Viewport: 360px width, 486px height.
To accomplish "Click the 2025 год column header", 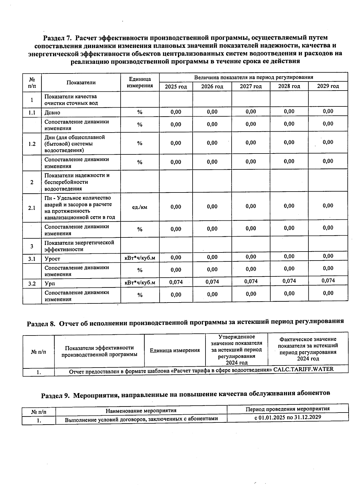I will click(176, 87).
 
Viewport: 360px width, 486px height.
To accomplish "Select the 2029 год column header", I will click(328, 86).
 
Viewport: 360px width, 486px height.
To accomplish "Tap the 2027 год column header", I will click(250, 86).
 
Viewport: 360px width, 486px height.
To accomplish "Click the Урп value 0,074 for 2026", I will click(212, 282).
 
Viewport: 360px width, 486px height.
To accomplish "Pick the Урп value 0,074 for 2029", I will click(328, 281).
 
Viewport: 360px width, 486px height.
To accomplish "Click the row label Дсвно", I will click(52, 113).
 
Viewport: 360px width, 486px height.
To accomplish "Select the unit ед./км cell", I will click(139, 207).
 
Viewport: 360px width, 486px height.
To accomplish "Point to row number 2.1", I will click(32, 208).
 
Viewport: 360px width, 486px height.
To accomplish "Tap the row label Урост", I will click(52, 259).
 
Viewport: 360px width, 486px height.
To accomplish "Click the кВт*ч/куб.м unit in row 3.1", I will click(140, 258).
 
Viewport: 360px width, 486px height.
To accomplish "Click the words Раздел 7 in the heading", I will click(57, 38).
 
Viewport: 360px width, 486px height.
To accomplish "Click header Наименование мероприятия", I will click(141, 410).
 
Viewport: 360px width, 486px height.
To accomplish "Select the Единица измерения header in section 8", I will click(175, 350).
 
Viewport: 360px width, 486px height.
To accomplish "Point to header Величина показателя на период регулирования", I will click(253, 77).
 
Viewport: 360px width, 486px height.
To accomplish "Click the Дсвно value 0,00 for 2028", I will click(289, 112).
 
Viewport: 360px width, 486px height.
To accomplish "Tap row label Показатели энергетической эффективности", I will click(79, 246).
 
